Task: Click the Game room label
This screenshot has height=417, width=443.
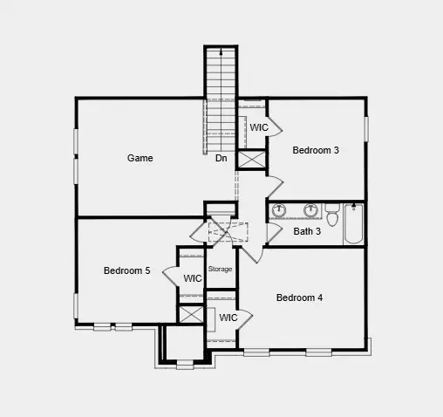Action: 140,158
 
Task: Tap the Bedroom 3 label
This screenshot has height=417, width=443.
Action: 315,150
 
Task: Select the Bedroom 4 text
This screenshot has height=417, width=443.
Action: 299,297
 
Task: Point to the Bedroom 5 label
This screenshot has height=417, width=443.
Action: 126,270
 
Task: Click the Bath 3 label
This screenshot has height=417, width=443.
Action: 307,231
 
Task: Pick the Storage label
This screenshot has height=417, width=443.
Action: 220,269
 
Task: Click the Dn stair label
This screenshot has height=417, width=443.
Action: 221,158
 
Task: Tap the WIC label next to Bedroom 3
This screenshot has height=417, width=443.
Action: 259,127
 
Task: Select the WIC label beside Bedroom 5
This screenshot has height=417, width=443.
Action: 193,278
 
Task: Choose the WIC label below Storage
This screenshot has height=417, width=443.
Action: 228,318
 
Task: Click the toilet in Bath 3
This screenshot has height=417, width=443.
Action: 331,210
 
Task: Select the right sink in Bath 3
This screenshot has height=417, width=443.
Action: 310,209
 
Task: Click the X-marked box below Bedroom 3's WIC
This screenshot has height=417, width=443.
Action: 252,160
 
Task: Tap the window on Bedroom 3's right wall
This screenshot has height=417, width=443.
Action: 367,127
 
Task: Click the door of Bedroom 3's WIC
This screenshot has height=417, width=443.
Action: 275,127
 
